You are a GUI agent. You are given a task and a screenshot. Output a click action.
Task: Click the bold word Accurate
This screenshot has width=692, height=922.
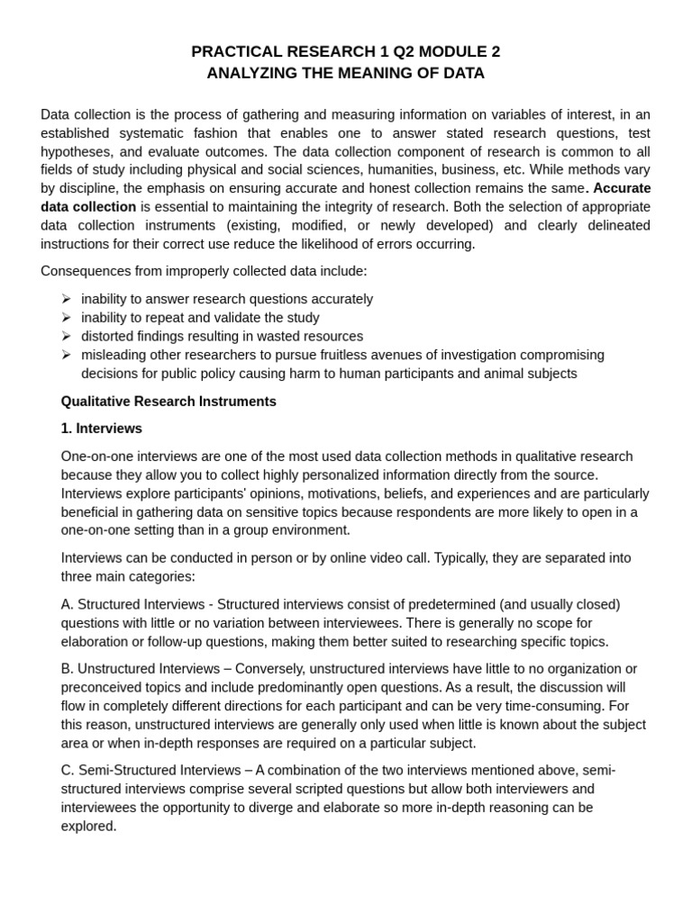[x=622, y=188]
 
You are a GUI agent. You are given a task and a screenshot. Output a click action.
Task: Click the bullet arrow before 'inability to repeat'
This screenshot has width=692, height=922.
[x=67, y=318]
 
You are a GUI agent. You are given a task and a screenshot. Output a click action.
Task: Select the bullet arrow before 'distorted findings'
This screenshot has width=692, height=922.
[x=67, y=337]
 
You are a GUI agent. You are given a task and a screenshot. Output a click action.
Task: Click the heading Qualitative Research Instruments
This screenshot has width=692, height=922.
[x=168, y=402]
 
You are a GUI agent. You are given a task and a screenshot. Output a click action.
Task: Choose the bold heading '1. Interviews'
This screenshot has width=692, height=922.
[x=101, y=429]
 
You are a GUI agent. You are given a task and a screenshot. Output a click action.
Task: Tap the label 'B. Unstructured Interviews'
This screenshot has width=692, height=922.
[x=140, y=669]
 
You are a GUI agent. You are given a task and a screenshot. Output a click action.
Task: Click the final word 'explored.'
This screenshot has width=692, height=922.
[x=88, y=827]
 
